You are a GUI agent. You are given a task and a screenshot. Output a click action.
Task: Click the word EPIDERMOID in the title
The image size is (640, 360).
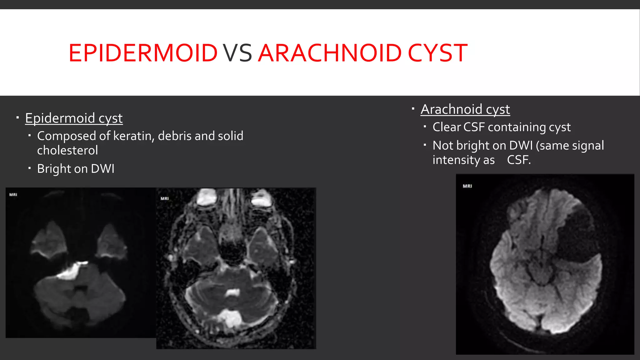coord(143,53)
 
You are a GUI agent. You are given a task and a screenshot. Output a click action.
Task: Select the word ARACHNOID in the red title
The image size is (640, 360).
coord(330,53)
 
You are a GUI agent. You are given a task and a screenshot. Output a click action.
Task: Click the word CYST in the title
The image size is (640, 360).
coord(437,53)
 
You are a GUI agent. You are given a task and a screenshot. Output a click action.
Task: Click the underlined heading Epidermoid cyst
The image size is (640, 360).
coord(74,118)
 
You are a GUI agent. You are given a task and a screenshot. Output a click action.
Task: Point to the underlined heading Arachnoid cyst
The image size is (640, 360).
coord(465,109)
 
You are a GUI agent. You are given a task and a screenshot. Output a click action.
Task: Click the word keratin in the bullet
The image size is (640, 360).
coord(133,136)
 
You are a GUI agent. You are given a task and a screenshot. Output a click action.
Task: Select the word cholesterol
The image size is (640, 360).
coord(67,150)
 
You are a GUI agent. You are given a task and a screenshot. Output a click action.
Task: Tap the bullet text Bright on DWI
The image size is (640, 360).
coord(76,169)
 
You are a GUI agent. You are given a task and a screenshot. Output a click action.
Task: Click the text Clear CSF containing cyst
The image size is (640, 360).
coord(502,127)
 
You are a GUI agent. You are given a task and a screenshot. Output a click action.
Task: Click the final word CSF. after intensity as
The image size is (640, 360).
coord(519,160)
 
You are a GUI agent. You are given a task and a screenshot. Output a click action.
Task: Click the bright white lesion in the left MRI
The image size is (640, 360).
coord(71,272)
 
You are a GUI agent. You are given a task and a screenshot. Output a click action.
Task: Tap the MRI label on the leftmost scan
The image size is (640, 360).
coord(13,195)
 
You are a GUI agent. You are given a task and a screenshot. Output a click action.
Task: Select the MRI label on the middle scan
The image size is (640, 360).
coord(165,198)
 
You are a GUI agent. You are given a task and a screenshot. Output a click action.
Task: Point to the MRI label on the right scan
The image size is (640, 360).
coord(467,186)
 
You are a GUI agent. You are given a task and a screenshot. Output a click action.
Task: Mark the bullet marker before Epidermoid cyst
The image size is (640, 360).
coord(18,118)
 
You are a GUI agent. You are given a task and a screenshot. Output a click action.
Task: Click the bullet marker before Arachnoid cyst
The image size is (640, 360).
coord(413,109)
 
